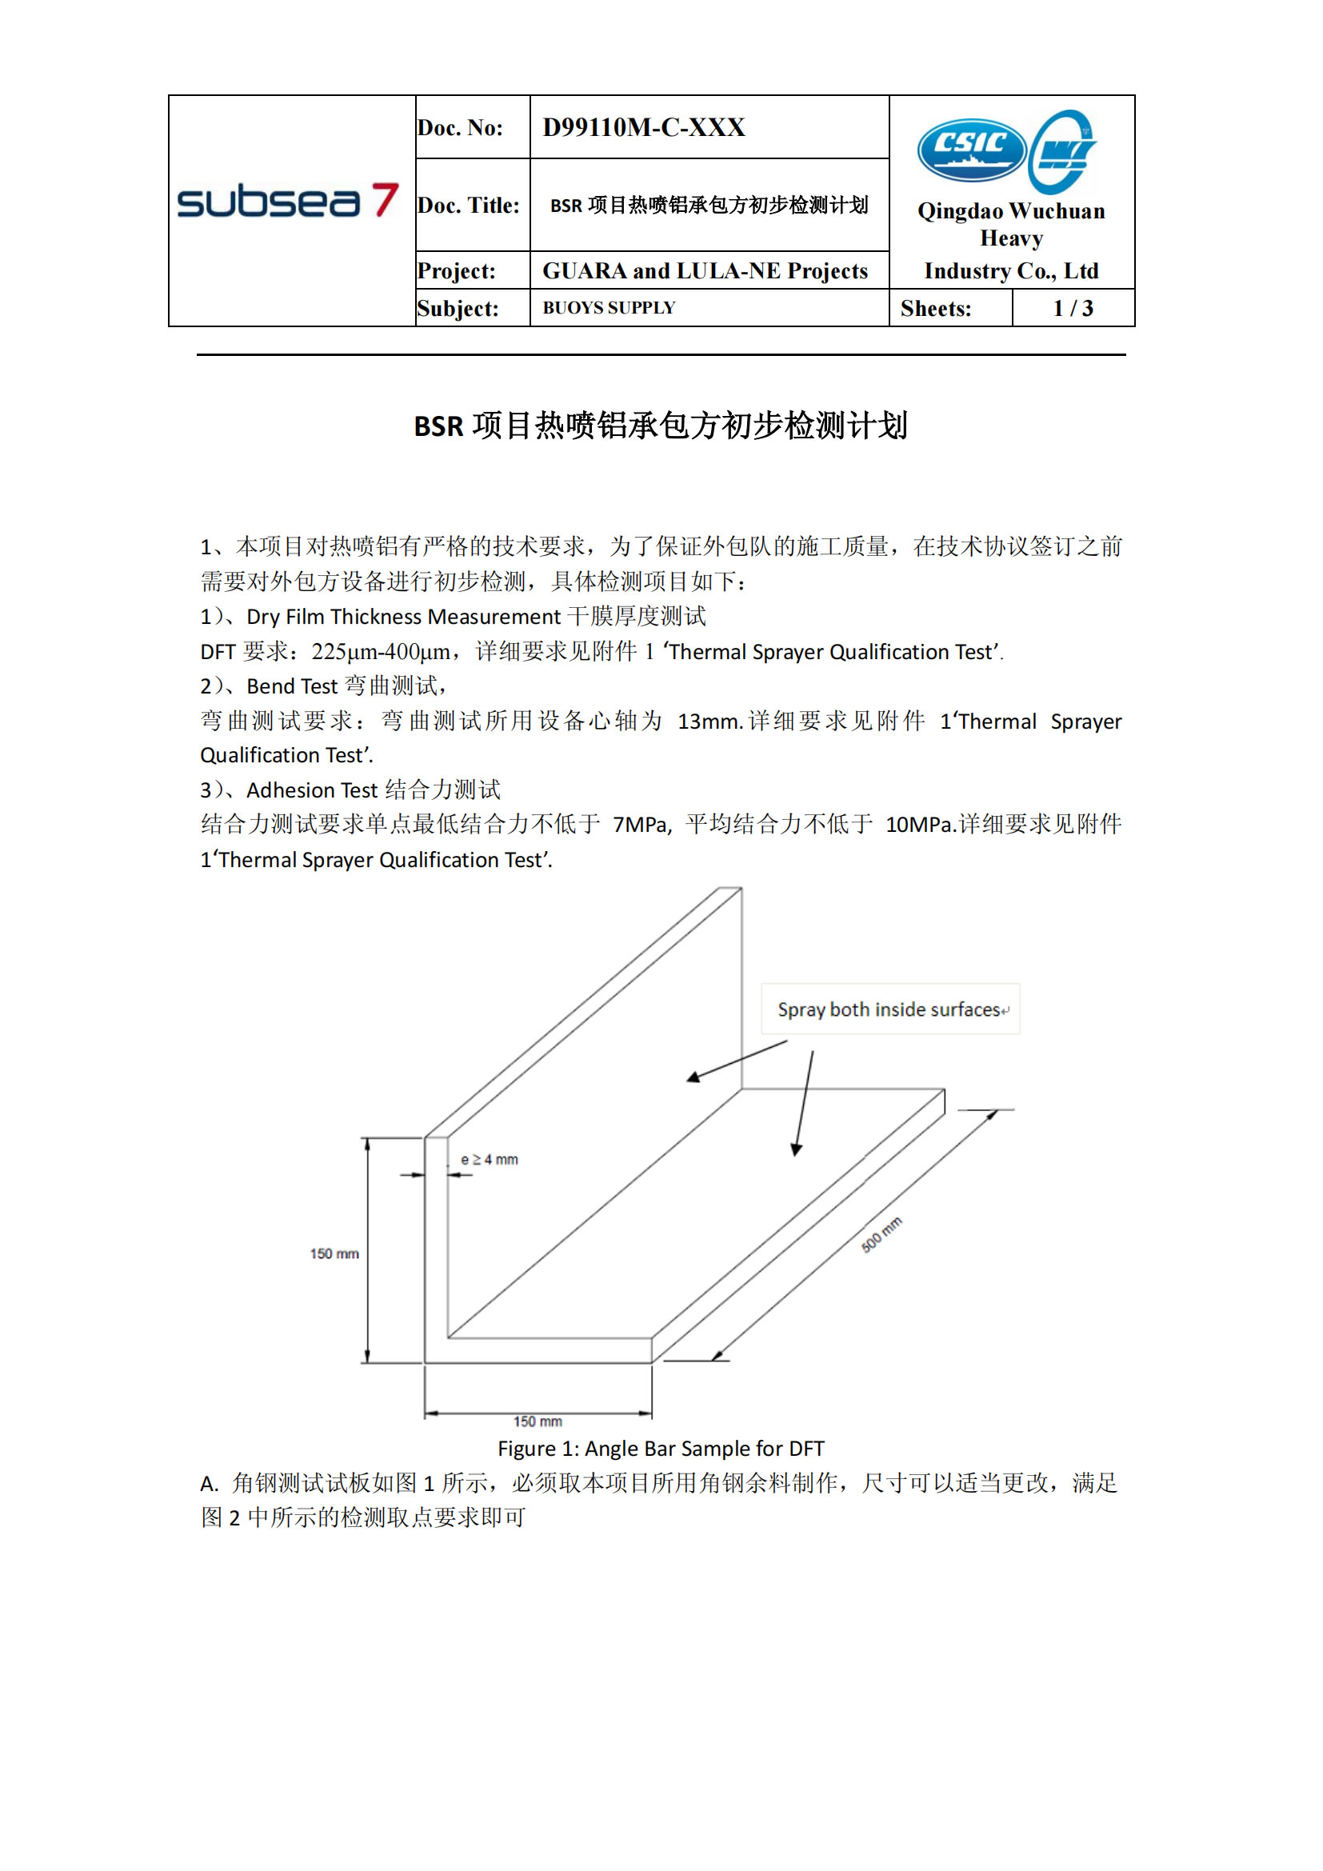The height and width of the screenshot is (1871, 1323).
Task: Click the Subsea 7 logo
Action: point(288,201)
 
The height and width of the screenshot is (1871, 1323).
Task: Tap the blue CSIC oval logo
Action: point(971,149)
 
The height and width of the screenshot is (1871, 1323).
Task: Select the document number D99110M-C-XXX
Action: point(644,127)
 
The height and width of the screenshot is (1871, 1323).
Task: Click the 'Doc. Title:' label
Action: point(469,206)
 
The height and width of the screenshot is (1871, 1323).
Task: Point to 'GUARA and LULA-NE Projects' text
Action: point(705,270)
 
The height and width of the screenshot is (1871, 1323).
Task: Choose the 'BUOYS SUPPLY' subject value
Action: point(609,308)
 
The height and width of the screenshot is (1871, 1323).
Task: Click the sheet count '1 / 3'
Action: point(1072,308)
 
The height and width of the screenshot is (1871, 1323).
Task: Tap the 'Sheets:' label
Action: point(935,308)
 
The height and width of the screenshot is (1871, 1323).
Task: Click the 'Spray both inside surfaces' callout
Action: point(890,1009)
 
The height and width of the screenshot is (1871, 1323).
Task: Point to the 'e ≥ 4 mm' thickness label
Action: point(489,1160)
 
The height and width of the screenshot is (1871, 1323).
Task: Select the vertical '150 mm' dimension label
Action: point(334,1253)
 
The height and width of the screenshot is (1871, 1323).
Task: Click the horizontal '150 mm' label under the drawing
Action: point(538,1421)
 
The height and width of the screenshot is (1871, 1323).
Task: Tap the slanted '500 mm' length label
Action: point(881,1234)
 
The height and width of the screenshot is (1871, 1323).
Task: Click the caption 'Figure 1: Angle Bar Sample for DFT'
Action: point(661,1448)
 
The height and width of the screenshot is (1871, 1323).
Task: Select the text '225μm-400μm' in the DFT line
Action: point(381,652)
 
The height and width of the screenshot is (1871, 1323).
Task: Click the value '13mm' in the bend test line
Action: point(707,722)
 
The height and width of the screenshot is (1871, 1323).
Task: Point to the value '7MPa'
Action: point(641,825)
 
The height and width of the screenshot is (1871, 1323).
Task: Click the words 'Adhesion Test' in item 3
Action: point(311,790)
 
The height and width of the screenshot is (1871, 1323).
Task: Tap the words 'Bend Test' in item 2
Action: point(292,686)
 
